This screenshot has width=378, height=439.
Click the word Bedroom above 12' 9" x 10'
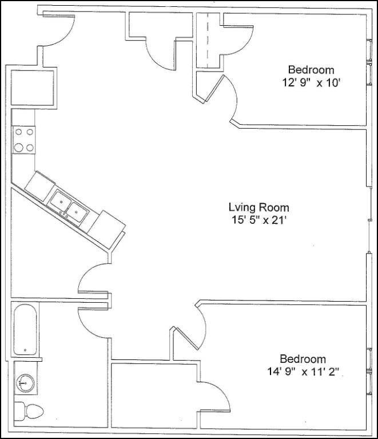tap(311, 70)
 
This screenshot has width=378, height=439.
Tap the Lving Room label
tap(258, 207)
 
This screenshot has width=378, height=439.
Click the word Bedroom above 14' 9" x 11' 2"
tap(303, 359)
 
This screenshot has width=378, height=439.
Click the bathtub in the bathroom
tap(26, 330)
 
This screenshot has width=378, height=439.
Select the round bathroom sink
tap(25, 382)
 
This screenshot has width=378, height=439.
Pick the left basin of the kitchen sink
tap(60, 201)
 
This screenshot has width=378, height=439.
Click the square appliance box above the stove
tap(33, 87)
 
